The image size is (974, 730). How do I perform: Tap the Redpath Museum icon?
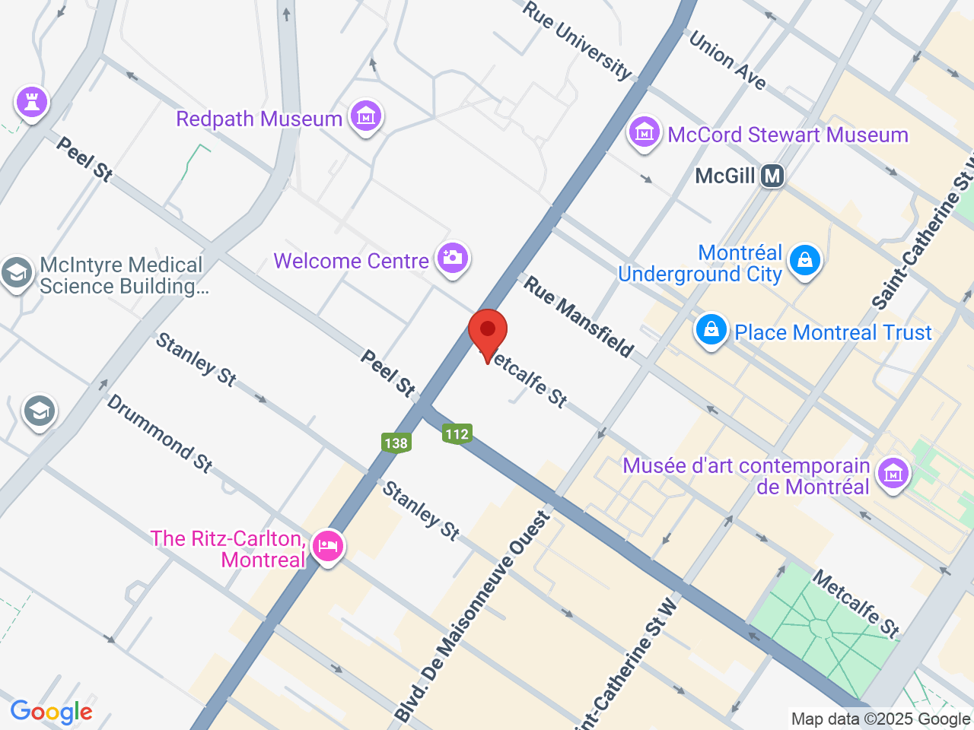366,117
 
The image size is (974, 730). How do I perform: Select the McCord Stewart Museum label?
788,135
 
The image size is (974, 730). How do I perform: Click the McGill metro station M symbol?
772,176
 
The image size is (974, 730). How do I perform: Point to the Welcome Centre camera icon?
453,259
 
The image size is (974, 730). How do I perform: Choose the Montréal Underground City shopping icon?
804,262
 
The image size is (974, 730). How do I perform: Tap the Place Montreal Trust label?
832,333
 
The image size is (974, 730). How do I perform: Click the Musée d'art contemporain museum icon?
893,474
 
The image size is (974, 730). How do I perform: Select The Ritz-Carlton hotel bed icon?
328,546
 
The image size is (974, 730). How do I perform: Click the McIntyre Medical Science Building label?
122,275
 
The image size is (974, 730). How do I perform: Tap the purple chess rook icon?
32,102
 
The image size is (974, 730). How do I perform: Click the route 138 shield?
396,443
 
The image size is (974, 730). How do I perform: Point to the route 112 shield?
457,433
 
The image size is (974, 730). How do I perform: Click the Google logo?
51,713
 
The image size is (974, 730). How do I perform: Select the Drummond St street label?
159,433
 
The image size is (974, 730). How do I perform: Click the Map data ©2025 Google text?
880,719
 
